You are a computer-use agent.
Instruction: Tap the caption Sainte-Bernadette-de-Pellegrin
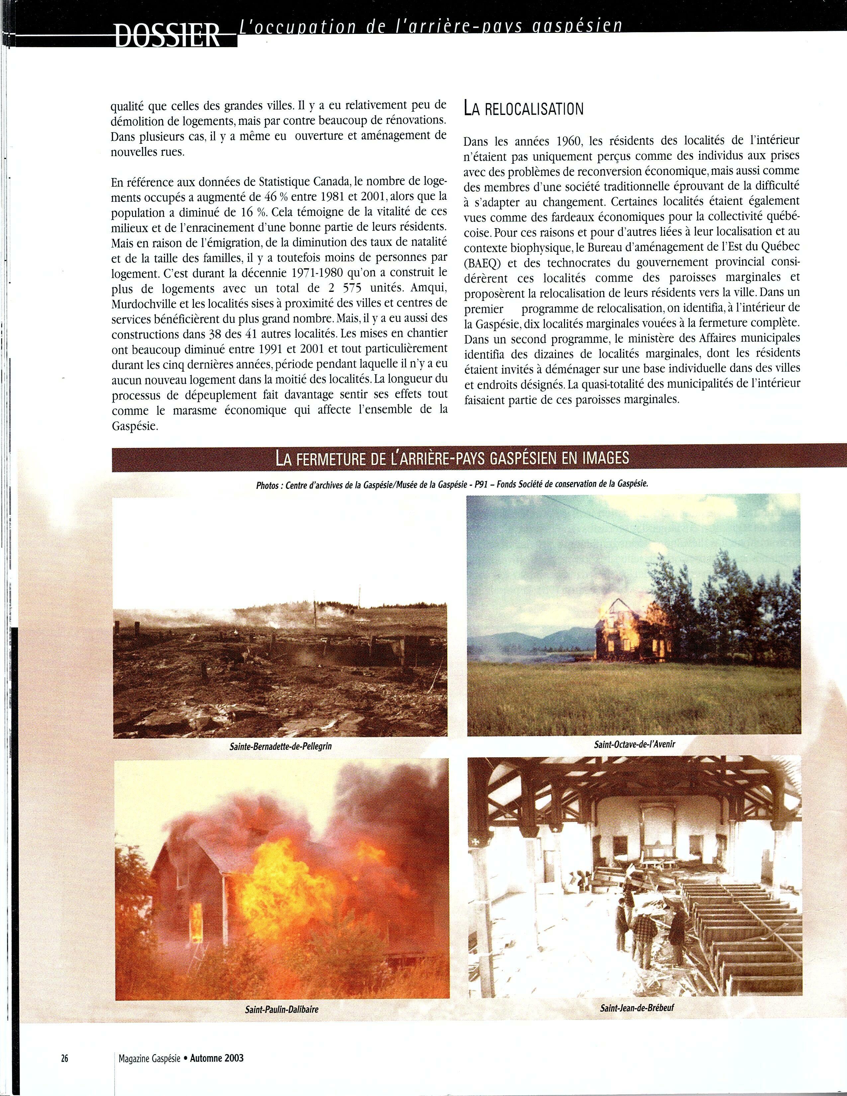[280, 746]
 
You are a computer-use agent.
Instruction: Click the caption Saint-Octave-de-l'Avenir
[634, 744]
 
